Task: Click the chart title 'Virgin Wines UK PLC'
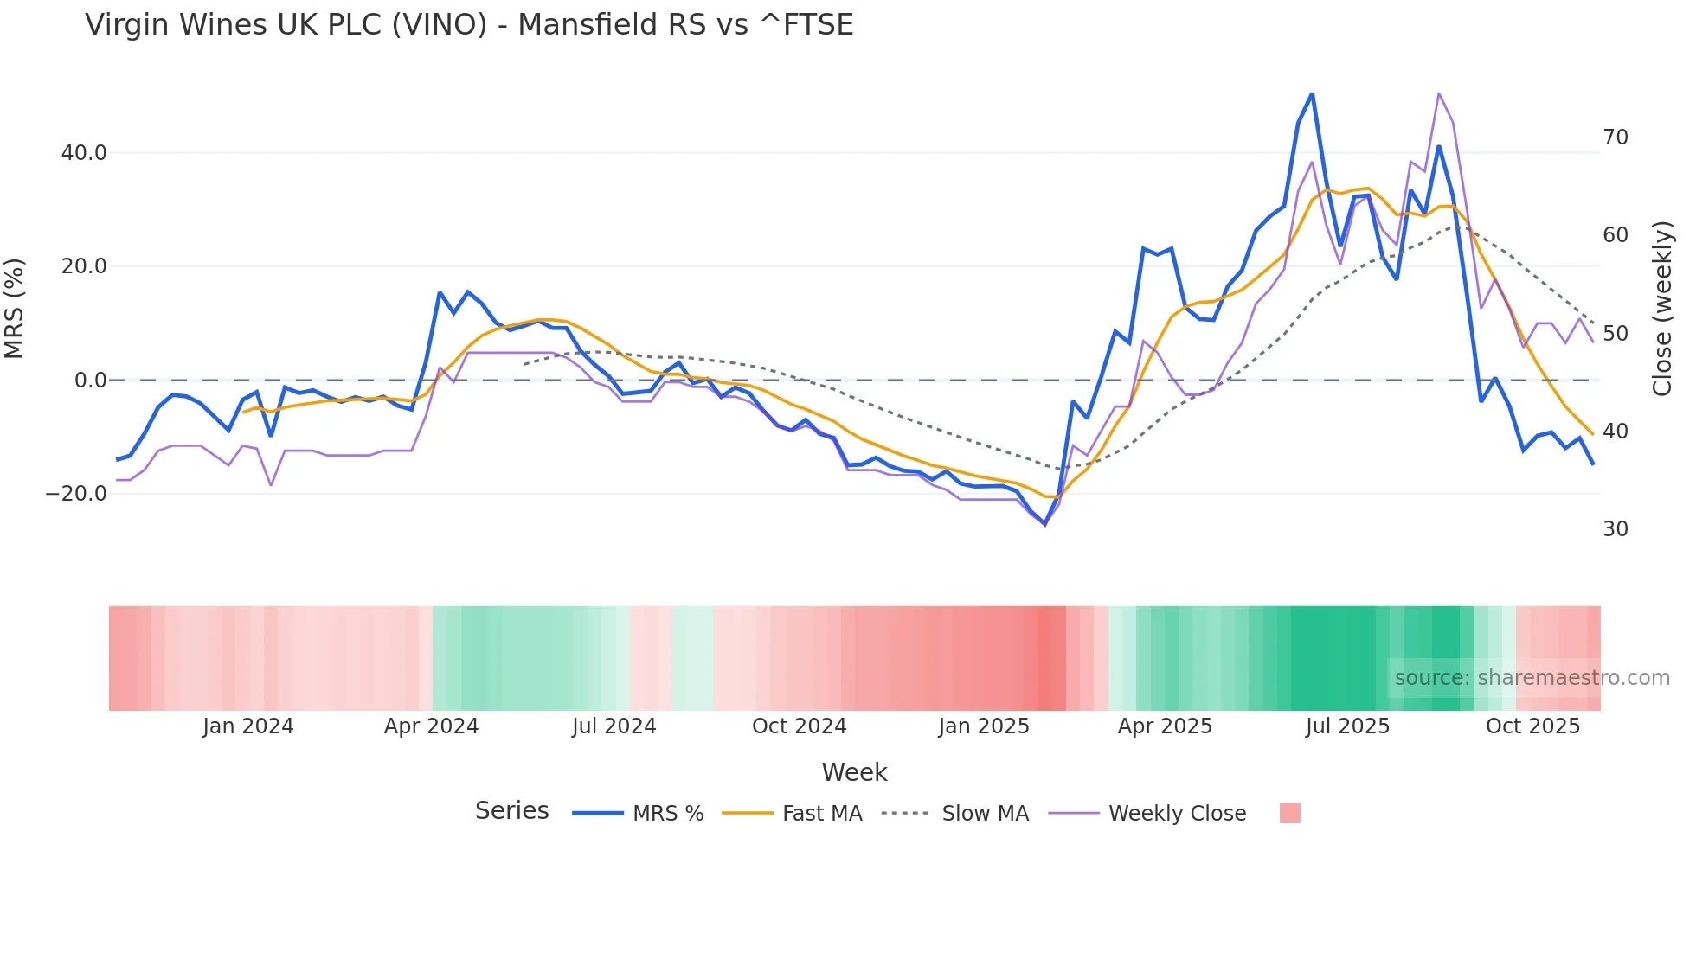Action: pyautogui.click(x=469, y=24)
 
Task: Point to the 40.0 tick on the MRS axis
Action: pyautogui.click(x=84, y=153)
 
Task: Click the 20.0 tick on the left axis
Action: pyautogui.click(x=84, y=266)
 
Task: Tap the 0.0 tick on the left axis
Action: pyautogui.click(x=90, y=381)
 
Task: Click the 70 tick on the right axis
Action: pyautogui.click(x=1615, y=138)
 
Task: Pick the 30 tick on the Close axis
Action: pyautogui.click(x=1615, y=529)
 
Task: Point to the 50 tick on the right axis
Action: pyautogui.click(x=1615, y=334)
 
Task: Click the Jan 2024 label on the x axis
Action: pyautogui.click(x=248, y=726)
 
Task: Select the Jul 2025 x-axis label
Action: pyautogui.click(x=1347, y=726)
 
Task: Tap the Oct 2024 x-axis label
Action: pyautogui.click(x=799, y=726)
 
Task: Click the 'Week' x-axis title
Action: pyautogui.click(x=854, y=772)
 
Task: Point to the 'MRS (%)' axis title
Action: pyautogui.click(x=15, y=308)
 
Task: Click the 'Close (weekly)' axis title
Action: pyautogui.click(x=1661, y=308)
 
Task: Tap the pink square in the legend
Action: pyautogui.click(x=1289, y=813)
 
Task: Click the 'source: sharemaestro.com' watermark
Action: pyautogui.click(x=1532, y=678)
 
